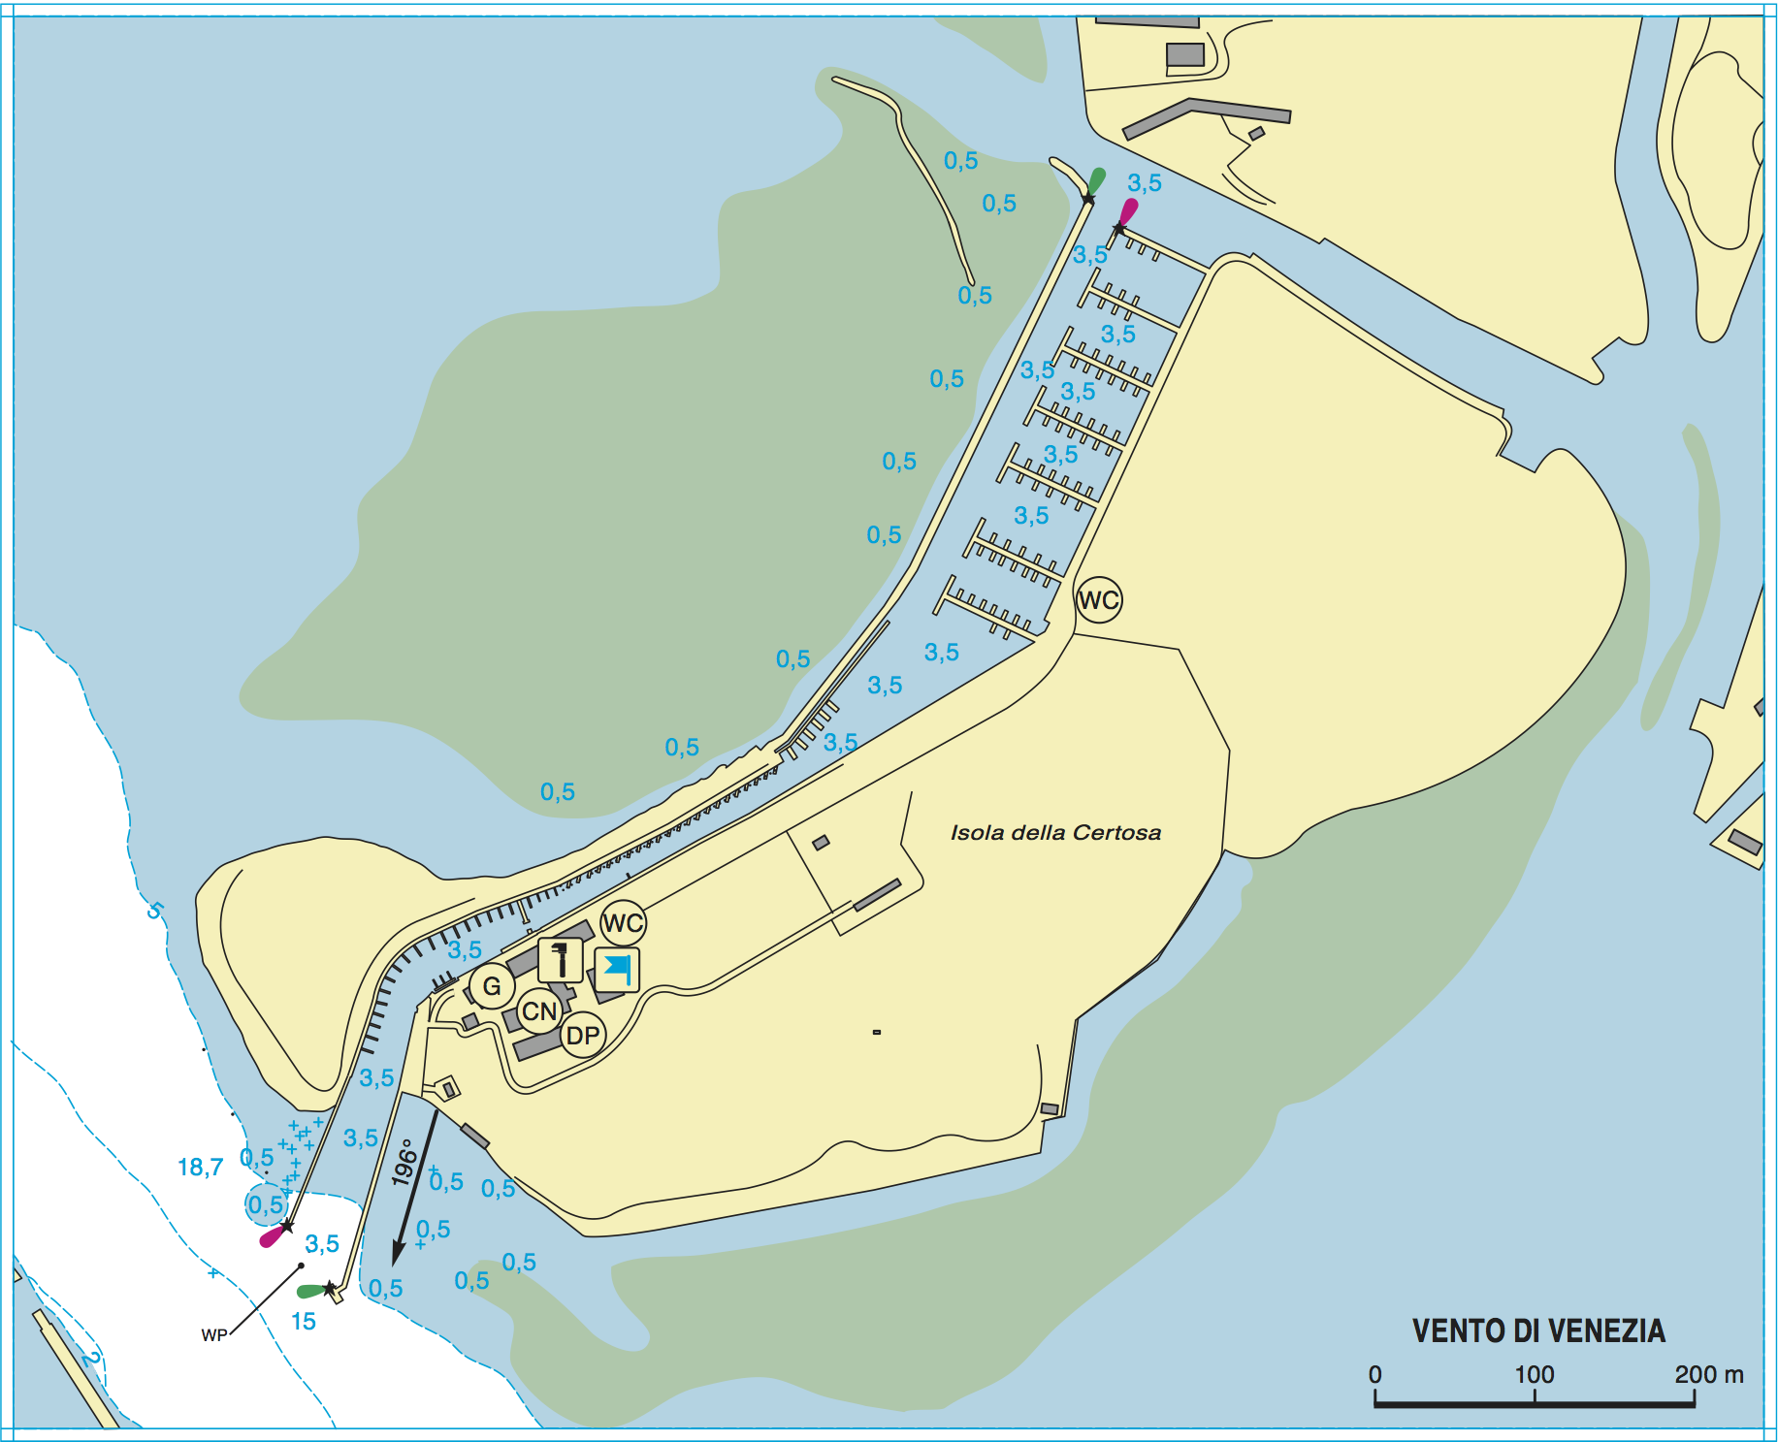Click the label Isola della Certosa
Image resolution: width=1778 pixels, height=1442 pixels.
click(x=1055, y=832)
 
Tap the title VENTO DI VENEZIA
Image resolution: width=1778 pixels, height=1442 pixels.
click(x=1537, y=1330)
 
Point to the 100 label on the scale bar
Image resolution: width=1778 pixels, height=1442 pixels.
click(x=1535, y=1374)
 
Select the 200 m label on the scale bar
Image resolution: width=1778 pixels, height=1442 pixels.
click(x=1708, y=1374)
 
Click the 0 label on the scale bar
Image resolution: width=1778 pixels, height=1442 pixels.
click(x=1374, y=1374)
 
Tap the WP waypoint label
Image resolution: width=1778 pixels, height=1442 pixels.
click(x=214, y=1335)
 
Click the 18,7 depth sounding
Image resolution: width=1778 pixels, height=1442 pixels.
click(x=200, y=1167)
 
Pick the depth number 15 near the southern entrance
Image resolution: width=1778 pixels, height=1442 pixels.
click(x=304, y=1322)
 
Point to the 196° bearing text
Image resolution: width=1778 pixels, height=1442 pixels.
click(x=404, y=1162)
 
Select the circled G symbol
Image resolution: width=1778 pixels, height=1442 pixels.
click(x=492, y=986)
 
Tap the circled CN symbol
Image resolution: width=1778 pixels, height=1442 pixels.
click(x=539, y=1011)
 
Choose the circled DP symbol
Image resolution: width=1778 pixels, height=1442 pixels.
click(x=583, y=1036)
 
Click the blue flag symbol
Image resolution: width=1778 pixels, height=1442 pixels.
click(x=617, y=969)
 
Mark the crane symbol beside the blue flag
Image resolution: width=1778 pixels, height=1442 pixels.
click(x=560, y=960)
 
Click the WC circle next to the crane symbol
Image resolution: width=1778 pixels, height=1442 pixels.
click(x=623, y=923)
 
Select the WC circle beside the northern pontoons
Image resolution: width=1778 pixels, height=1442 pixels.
click(x=1099, y=600)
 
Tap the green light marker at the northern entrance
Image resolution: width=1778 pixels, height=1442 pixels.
click(x=1096, y=181)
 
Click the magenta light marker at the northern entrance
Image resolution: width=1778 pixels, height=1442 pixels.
click(x=1127, y=211)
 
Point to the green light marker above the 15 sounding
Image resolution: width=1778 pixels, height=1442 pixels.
click(x=310, y=1291)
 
